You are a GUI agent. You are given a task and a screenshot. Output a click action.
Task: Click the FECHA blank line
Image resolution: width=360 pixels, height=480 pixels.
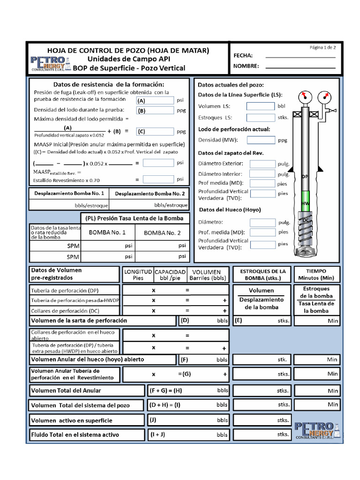[300, 56]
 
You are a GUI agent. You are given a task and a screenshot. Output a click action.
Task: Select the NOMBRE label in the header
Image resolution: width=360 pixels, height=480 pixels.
[246, 66]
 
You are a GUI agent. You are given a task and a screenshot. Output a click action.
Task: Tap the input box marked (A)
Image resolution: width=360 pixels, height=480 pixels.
[155, 100]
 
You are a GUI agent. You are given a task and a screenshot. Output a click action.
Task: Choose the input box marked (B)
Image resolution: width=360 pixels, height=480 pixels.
[155, 111]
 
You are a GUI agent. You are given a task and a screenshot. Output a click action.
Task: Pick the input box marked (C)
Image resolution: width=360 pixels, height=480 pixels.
[155, 132]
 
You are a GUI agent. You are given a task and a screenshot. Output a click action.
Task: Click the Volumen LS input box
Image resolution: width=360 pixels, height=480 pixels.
[260, 106]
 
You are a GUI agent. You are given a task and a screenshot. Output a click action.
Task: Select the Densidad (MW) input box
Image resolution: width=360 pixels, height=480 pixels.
[261, 140]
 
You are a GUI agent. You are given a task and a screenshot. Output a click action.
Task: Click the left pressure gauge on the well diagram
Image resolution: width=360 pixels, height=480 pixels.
[305, 97]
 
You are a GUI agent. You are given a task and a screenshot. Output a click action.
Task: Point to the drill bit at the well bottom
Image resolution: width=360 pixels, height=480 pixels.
[306, 251]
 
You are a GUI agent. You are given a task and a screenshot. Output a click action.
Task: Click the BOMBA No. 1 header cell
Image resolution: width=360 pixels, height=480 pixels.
[107, 232]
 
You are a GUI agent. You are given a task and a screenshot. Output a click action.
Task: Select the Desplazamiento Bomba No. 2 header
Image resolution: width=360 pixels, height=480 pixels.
[150, 193]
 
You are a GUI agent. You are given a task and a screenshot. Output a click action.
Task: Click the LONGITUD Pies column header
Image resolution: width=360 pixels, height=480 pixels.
[137, 275]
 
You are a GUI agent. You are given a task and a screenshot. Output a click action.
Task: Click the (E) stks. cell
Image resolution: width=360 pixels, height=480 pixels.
[262, 321]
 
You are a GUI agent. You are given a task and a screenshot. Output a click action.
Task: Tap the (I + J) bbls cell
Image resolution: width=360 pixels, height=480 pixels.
[188, 435]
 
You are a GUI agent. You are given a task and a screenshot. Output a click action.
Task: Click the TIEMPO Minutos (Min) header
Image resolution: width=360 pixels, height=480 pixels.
[316, 274]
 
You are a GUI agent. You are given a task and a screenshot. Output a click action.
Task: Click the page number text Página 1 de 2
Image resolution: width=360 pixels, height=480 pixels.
[322, 47]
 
